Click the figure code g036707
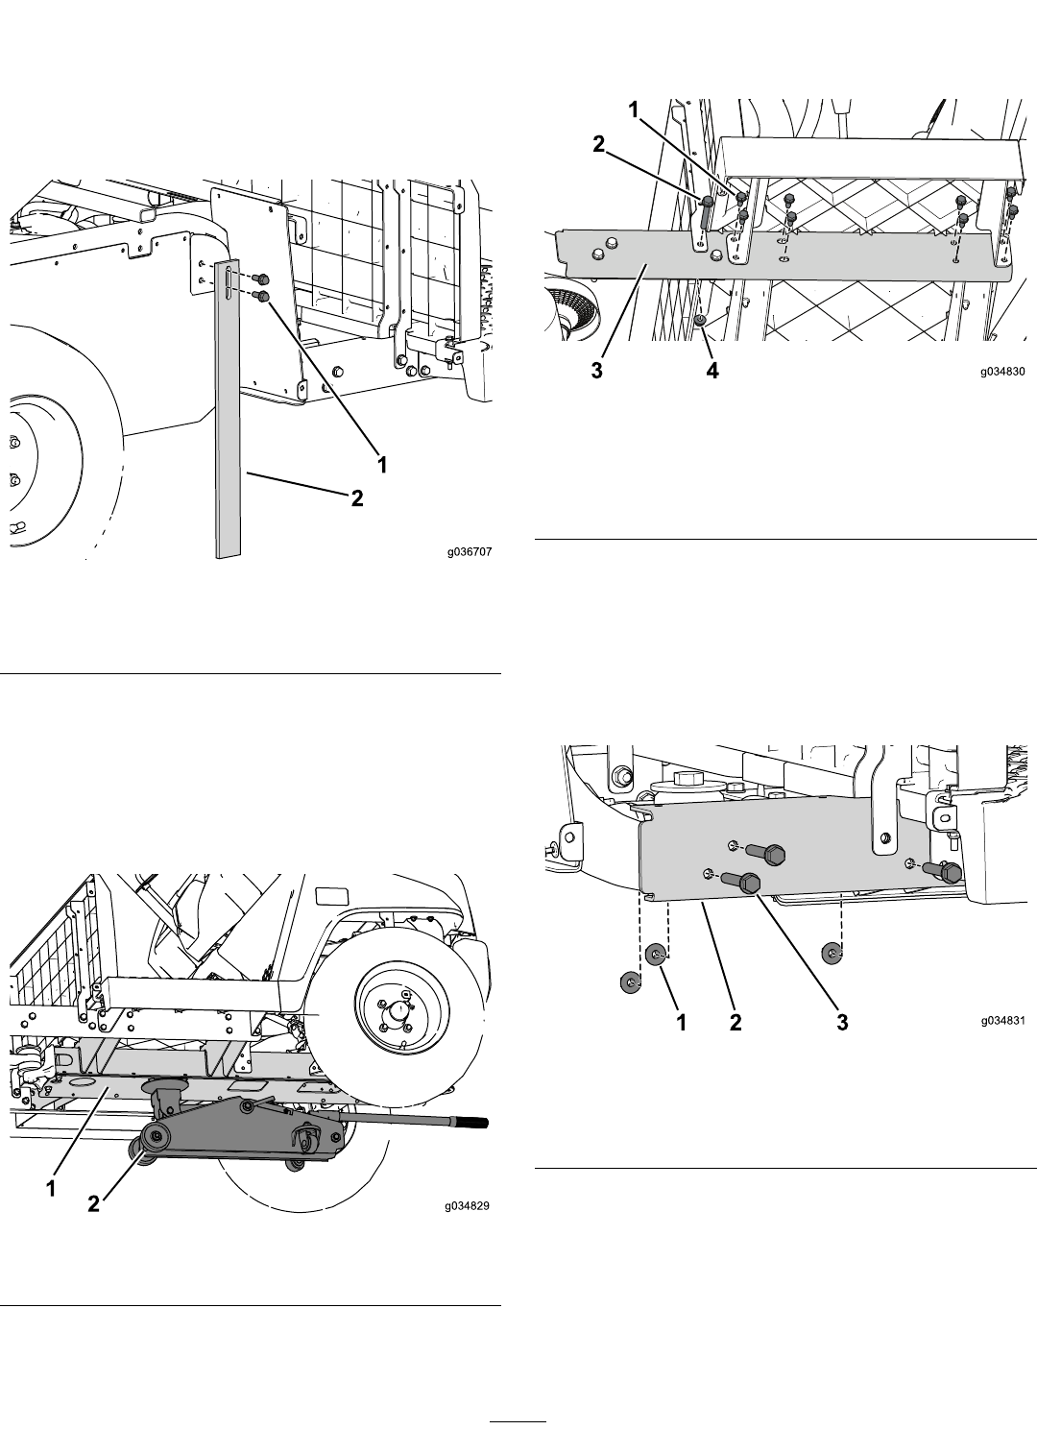(470, 552)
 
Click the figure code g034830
(1002, 372)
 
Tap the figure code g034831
(1002, 1021)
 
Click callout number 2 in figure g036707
(357, 497)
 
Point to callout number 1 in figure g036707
(382, 464)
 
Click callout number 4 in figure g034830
(712, 371)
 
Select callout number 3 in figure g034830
(597, 371)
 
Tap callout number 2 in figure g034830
(599, 144)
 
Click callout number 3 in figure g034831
(842, 1023)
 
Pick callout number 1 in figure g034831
(682, 1023)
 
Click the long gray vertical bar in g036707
(228, 408)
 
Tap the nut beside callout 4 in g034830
(701, 321)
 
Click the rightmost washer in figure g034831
(832, 954)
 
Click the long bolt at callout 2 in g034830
(706, 211)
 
